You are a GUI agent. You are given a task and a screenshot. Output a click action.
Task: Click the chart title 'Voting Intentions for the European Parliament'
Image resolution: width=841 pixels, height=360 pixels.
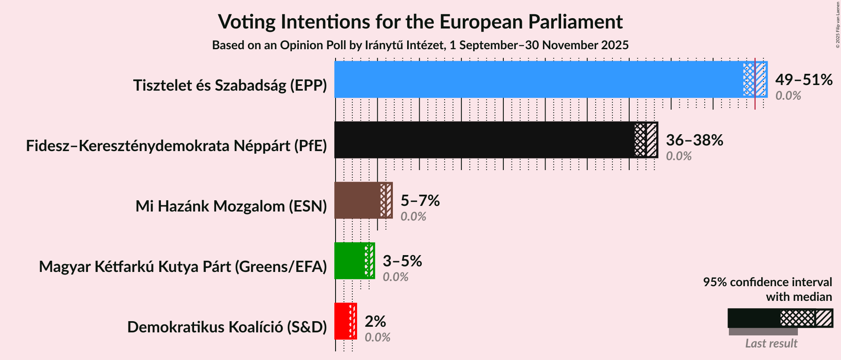420,22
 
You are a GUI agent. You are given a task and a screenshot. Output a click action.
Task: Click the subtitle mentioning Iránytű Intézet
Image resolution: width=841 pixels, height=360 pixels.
420,45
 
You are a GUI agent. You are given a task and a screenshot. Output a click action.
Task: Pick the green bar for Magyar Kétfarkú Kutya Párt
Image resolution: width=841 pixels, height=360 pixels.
349,261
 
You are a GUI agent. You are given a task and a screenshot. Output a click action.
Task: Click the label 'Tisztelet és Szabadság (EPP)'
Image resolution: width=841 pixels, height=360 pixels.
230,85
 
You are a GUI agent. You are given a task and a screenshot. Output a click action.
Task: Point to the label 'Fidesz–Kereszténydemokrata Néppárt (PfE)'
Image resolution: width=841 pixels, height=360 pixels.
176,146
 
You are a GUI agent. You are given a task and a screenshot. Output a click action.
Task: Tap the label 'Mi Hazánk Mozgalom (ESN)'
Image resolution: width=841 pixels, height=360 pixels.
231,206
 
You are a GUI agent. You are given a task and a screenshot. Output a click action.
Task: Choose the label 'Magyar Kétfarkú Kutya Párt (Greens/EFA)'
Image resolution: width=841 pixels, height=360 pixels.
183,267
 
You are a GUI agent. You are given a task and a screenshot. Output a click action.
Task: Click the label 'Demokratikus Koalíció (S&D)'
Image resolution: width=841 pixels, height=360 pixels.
227,327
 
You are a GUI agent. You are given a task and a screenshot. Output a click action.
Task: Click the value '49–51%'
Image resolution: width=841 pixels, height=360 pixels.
803,79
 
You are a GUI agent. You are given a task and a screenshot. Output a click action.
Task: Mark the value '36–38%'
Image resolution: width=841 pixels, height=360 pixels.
694,140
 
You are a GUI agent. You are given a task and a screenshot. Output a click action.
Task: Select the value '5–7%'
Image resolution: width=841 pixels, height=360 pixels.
420,200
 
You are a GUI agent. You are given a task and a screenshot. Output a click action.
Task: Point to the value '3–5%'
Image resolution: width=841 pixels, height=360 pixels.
402,261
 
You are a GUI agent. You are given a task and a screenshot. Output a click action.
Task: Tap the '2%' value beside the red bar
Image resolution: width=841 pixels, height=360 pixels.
375,321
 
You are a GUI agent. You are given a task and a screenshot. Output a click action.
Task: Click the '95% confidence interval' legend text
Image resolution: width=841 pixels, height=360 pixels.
767,282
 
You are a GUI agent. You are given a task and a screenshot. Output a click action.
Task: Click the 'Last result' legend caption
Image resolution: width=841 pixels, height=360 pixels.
771,344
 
